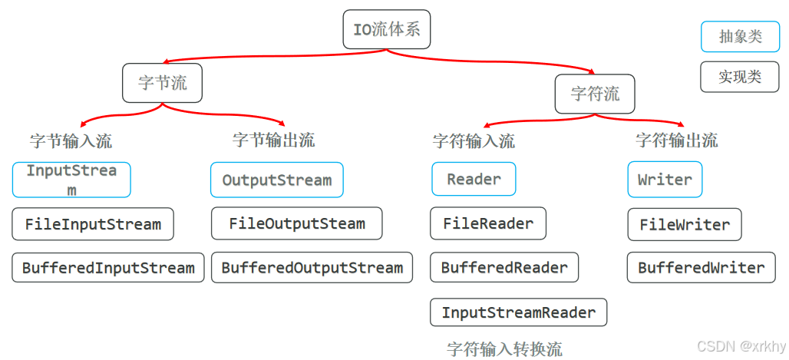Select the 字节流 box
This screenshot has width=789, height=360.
[162, 83]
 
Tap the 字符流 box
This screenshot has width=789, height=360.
[595, 94]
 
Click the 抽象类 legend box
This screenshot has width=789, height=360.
[740, 37]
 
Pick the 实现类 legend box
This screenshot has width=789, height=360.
[740, 77]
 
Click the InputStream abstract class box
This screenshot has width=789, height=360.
[71, 180]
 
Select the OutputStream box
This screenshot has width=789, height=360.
[277, 180]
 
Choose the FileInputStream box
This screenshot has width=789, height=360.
[93, 224]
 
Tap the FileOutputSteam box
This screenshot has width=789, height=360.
[296, 223]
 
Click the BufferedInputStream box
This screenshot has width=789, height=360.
[108, 268]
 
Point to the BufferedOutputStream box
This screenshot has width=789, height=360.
[312, 268]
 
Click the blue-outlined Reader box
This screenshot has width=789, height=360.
[474, 179]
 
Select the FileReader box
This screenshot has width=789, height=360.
[488, 223]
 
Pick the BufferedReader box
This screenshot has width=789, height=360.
[504, 267]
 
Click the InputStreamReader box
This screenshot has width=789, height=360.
[518, 312]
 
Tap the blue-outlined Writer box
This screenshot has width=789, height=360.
[665, 179]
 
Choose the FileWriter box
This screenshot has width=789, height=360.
[685, 225]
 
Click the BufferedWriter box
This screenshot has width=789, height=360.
[701, 268]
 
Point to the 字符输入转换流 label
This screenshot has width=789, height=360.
[504, 349]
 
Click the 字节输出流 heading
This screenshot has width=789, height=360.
[273, 140]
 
